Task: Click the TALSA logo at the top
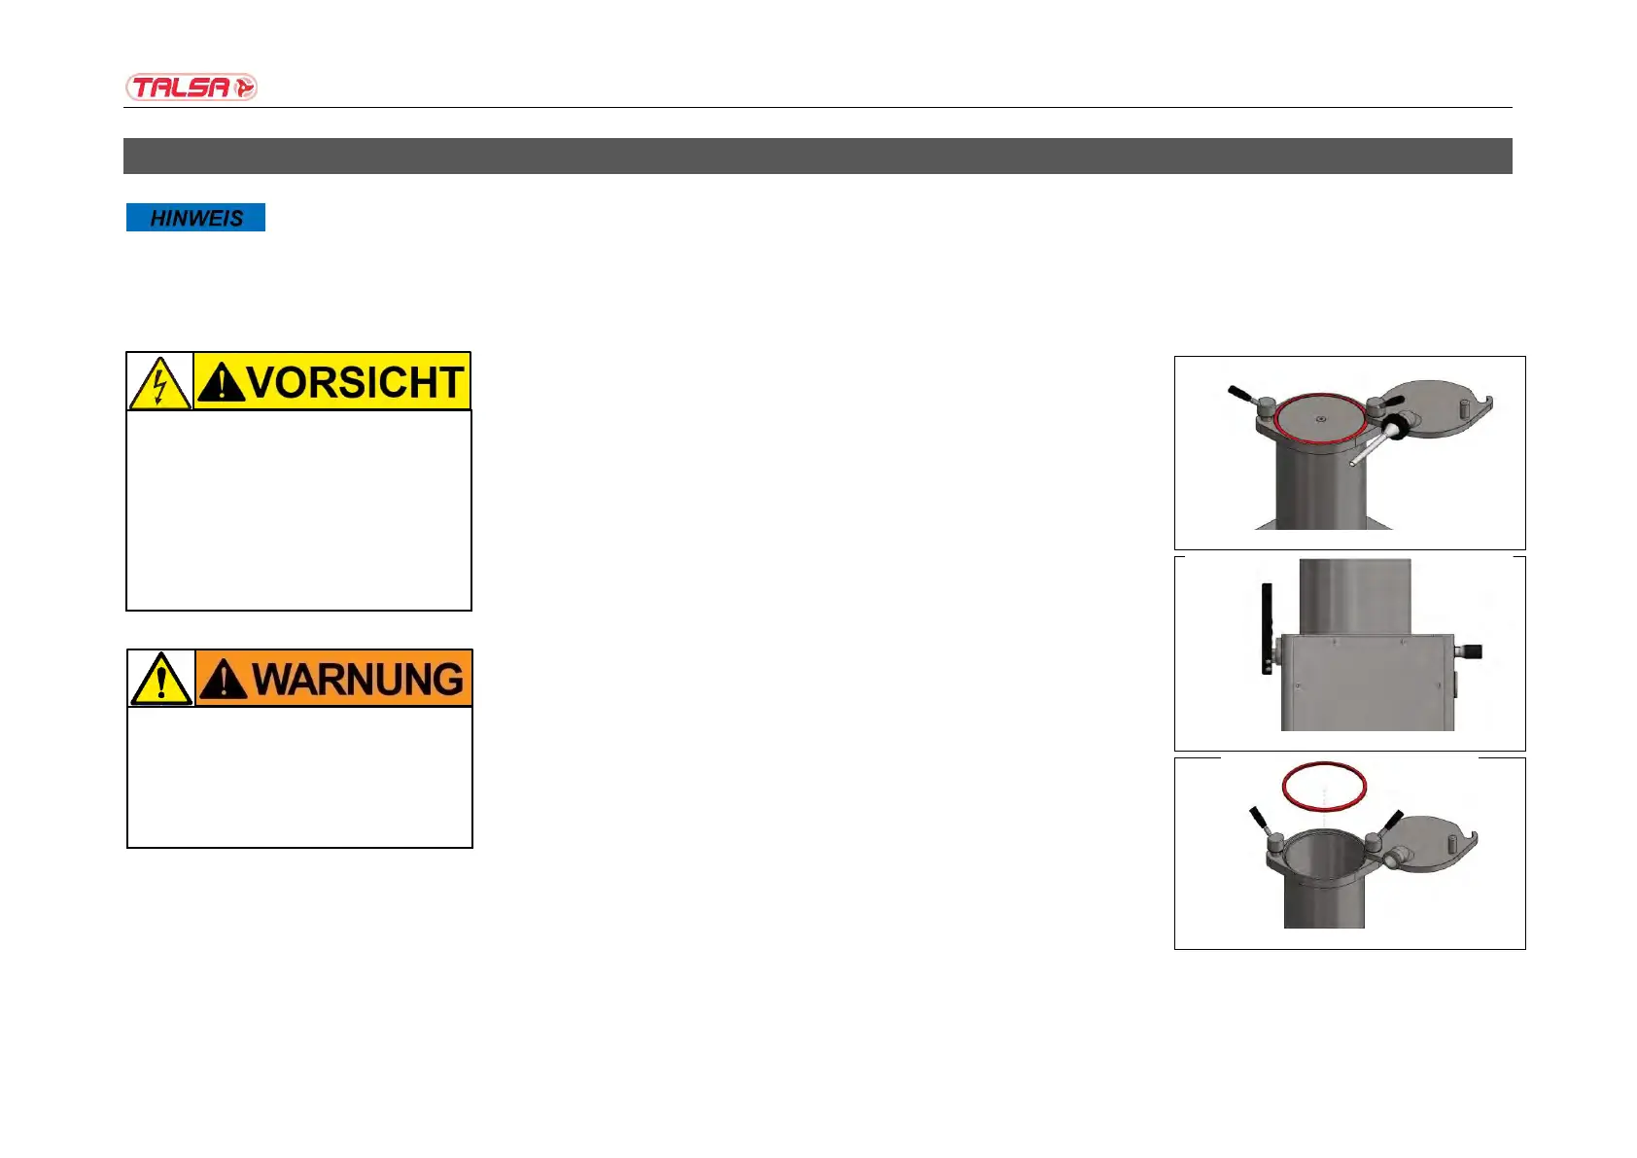pos(191,88)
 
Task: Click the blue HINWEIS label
pos(195,218)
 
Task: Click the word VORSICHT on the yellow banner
pos(356,382)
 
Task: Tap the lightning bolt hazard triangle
pos(159,383)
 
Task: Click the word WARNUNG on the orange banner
pos(358,679)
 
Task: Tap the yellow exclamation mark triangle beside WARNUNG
pos(161,680)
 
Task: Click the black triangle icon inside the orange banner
pos(223,680)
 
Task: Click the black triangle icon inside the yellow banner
pos(221,383)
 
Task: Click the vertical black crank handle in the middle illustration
pos(1267,628)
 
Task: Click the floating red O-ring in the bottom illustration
pos(1324,786)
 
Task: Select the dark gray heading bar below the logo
pos(818,156)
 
